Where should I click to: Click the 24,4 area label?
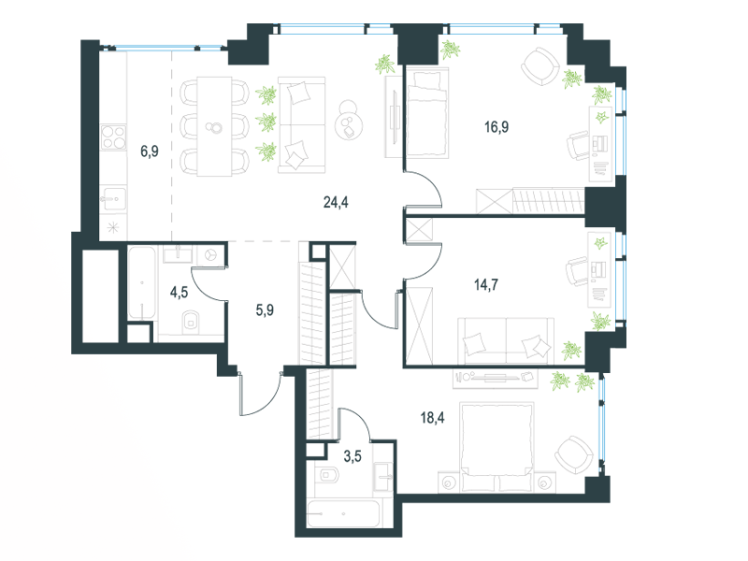click(x=336, y=202)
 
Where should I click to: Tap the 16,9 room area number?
click(x=496, y=127)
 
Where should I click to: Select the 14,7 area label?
click(x=486, y=285)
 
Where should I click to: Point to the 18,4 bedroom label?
click(x=432, y=418)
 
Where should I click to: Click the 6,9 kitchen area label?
click(x=150, y=151)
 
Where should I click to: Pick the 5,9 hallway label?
click(x=265, y=310)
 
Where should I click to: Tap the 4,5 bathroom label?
click(x=179, y=292)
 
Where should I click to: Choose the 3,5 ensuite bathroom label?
click(x=352, y=456)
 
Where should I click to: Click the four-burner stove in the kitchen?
click(x=113, y=137)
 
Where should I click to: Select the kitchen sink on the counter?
click(x=112, y=198)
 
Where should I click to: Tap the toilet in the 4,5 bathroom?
click(x=192, y=321)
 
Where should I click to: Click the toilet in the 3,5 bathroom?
click(x=327, y=475)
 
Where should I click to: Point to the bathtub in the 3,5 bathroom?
click(x=344, y=513)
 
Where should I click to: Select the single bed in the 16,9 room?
click(x=427, y=112)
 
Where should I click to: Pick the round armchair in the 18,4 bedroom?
click(x=574, y=455)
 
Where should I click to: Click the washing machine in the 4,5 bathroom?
click(x=209, y=255)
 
